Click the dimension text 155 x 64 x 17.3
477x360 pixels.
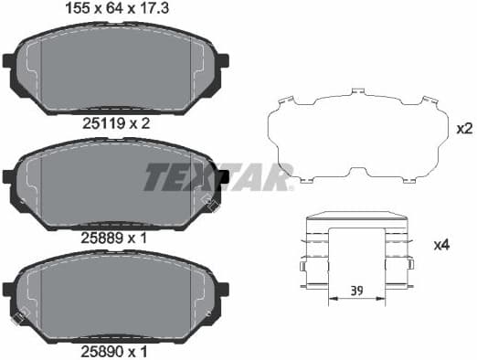point(115,9)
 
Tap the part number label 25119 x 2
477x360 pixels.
point(115,121)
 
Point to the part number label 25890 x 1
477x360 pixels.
point(115,351)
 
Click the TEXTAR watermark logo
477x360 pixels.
point(217,175)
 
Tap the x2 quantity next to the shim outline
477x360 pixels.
point(463,129)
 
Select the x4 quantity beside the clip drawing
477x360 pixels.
point(442,246)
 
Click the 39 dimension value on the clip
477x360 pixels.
point(357,291)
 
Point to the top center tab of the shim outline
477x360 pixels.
point(356,92)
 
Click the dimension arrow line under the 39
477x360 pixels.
point(357,301)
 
